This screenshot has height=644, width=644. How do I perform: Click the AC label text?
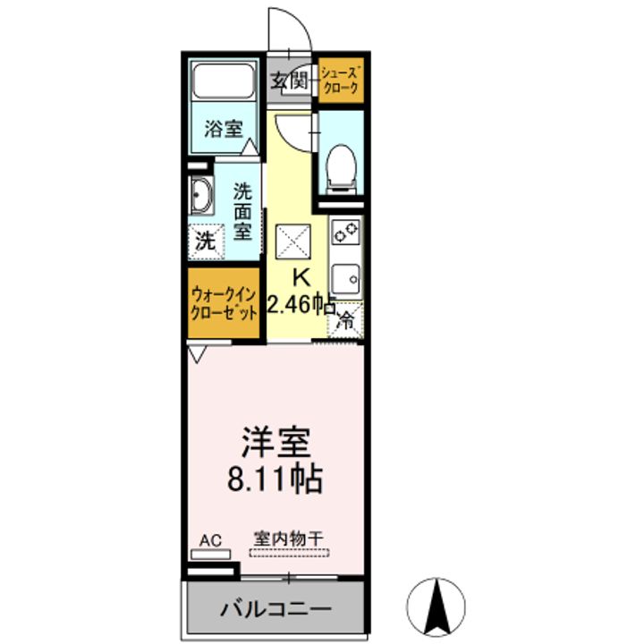209,539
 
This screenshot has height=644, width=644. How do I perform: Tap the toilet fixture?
341,168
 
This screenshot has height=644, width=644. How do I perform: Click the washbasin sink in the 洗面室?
201,194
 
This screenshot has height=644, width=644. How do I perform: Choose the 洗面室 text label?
243,211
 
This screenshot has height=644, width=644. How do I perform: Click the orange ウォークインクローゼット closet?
225,303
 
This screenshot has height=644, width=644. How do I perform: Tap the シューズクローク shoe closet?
341,81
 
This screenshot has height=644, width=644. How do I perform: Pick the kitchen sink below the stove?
344,279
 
